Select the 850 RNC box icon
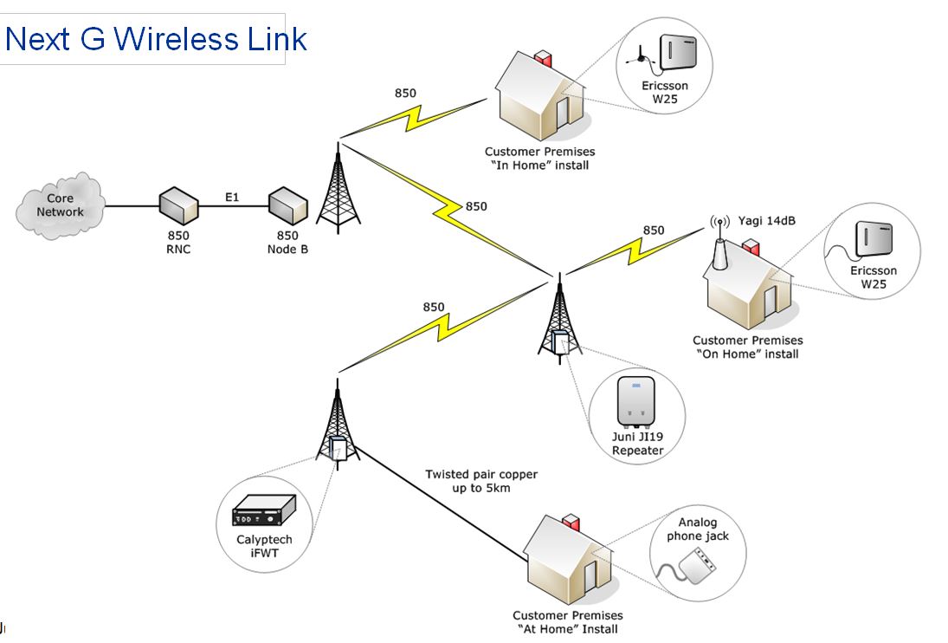click(x=179, y=206)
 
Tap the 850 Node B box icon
click(x=287, y=206)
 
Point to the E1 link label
click(x=232, y=198)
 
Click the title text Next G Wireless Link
click(x=156, y=39)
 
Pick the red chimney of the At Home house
click(x=571, y=523)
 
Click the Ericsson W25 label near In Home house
click(x=665, y=92)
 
